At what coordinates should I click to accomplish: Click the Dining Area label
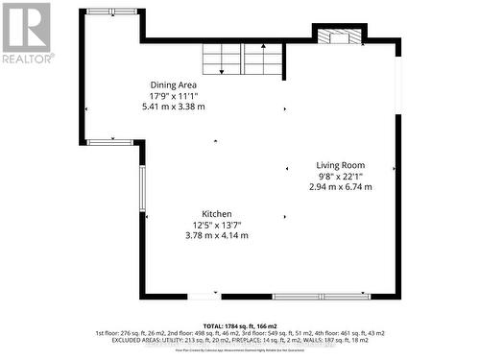(x=173, y=84)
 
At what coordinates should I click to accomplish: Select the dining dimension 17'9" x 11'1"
(x=173, y=95)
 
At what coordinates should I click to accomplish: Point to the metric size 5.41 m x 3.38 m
(x=173, y=107)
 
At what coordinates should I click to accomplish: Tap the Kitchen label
(x=216, y=214)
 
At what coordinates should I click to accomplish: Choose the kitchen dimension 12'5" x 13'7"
(x=216, y=225)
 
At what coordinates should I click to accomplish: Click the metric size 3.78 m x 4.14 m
(x=216, y=235)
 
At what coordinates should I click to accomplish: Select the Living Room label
(x=340, y=165)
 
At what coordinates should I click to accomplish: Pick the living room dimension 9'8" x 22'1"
(x=340, y=176)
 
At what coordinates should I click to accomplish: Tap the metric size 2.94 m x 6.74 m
(x=340, y=186)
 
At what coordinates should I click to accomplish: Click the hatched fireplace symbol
(x=341, y=37)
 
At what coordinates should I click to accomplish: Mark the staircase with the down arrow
(x=223, y=60)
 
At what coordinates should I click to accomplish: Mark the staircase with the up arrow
(x=262, y=60)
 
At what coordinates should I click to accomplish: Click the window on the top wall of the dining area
(x=112, y=12)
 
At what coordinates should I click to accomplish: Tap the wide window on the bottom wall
(x=322, y=296)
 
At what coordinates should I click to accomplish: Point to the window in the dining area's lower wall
(x=109, y=142)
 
